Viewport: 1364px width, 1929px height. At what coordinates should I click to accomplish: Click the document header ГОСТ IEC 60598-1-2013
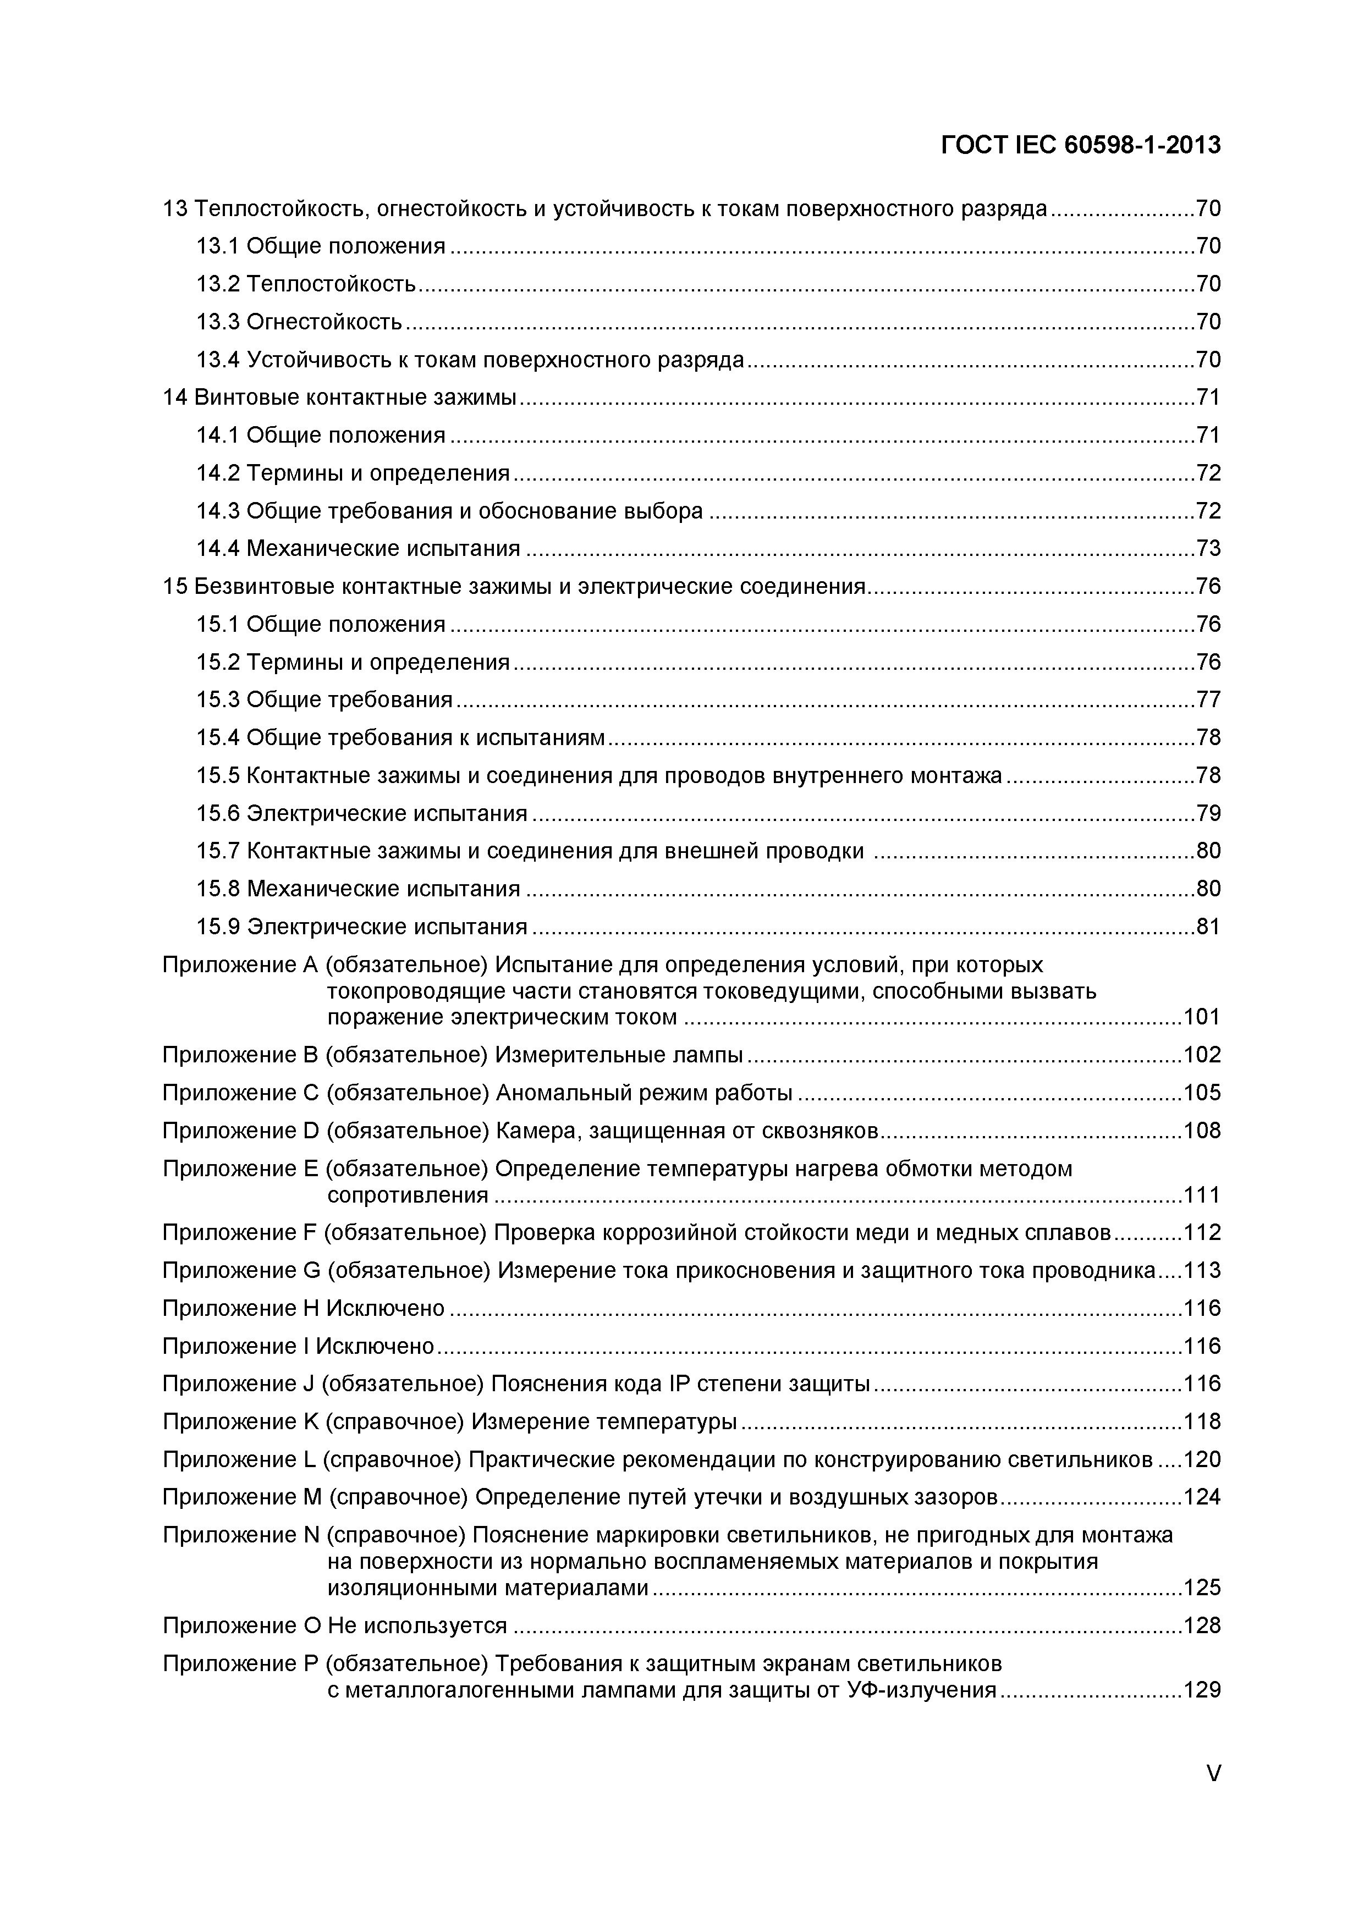point(1080,145)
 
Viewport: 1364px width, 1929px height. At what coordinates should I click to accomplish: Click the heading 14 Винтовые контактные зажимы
point(339,398)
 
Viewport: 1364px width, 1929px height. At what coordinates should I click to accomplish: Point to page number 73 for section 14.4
point(1208,549)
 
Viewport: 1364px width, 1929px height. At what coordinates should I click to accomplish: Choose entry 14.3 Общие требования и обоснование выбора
point(449,511)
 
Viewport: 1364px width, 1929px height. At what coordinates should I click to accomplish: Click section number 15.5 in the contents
point(218,775)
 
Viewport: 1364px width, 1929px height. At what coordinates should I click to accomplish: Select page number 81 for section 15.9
point(1208,927)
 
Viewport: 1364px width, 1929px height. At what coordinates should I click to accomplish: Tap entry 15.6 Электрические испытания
point(361,813)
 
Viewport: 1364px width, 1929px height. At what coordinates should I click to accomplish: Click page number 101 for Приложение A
point(1202,1017)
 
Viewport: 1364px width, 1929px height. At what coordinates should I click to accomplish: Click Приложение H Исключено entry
point(304,1308)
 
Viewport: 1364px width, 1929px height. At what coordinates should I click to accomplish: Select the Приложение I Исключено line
point(298,1346)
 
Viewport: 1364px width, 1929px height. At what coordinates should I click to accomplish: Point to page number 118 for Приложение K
point(1202,1421)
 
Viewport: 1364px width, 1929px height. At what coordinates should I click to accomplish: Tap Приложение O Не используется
point(334,1625)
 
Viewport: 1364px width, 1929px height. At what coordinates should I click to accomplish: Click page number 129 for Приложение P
point(1202,1690)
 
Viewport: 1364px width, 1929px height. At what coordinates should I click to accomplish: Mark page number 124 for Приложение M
point(1202,1497)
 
